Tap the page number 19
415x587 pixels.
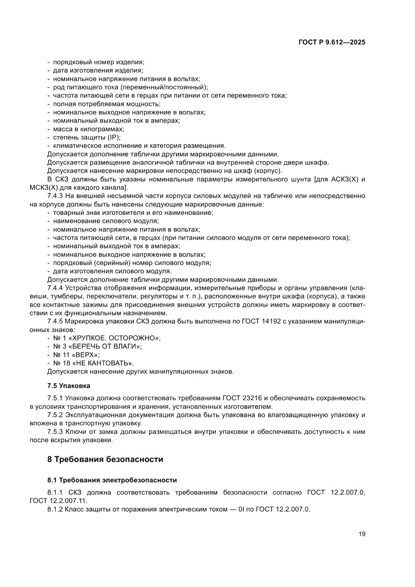coord(361,534)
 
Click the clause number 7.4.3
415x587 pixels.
coord(55,195)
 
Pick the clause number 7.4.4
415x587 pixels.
coord(55,288)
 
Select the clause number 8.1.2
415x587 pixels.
coord(55,509)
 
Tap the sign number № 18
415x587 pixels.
coord(62,363)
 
